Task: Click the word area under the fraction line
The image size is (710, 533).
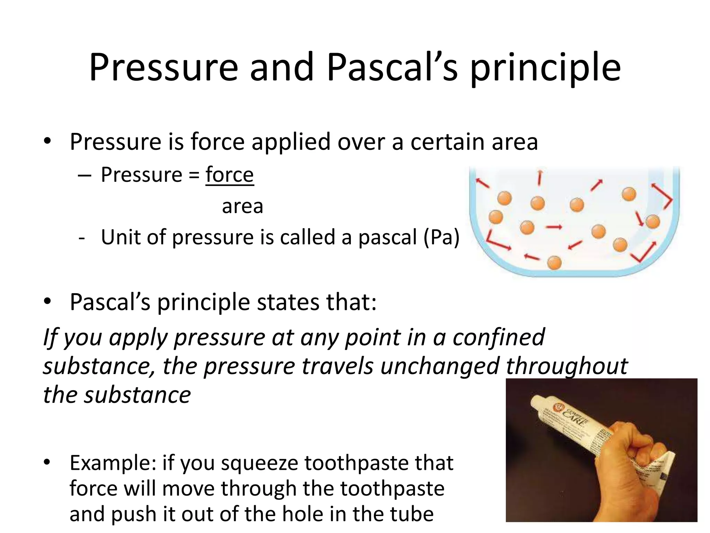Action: coord(242,206)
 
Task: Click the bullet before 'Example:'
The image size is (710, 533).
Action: coord(47,462)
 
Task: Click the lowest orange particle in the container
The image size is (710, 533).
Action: coord(554,263)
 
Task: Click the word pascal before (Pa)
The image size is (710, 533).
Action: coord(387,237)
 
